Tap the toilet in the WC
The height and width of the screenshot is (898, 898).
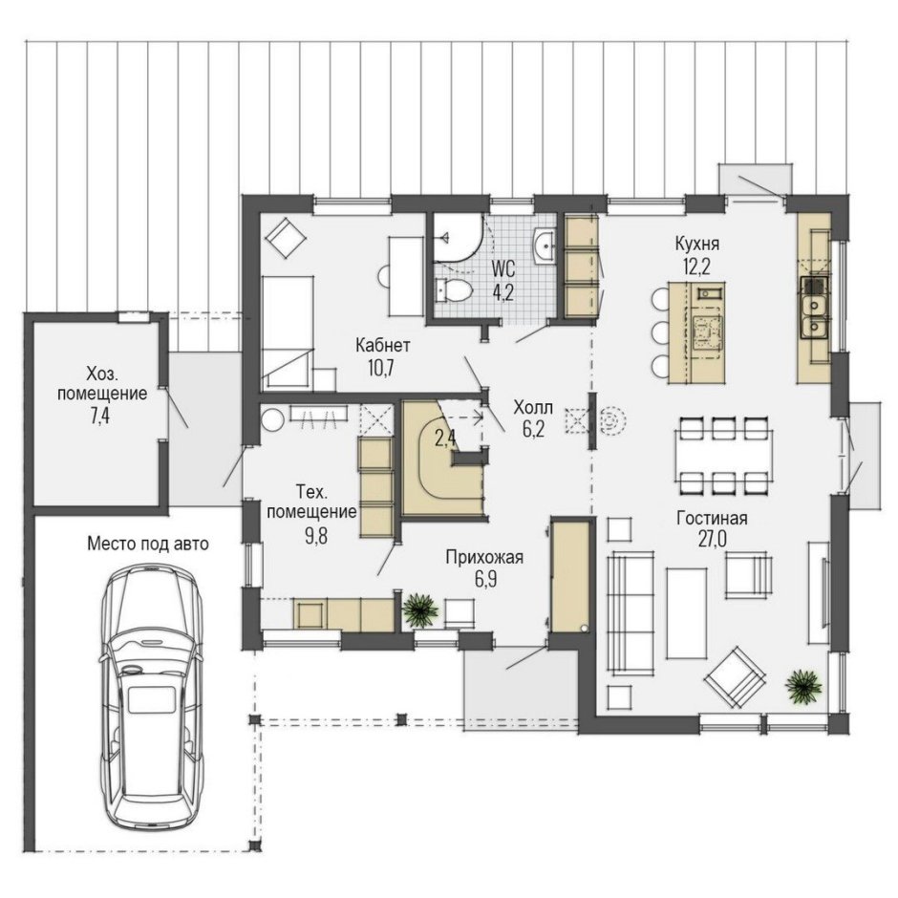point(454,290)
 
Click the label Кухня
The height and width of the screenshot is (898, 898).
point(696,244)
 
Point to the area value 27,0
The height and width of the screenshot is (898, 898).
point(712,540)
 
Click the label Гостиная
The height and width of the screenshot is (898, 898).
point(712,518)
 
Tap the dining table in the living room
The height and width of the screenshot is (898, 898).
point(723,456)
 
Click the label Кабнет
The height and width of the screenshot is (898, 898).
point(382,345)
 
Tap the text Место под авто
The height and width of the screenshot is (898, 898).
point(148,543)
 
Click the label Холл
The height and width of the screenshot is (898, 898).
point(533,408)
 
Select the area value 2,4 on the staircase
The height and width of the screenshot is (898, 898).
point(445,438)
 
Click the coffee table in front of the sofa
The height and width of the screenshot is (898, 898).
point(687,612)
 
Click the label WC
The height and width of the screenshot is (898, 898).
point(503,268)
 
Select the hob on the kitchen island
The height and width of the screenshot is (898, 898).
point(709,331)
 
